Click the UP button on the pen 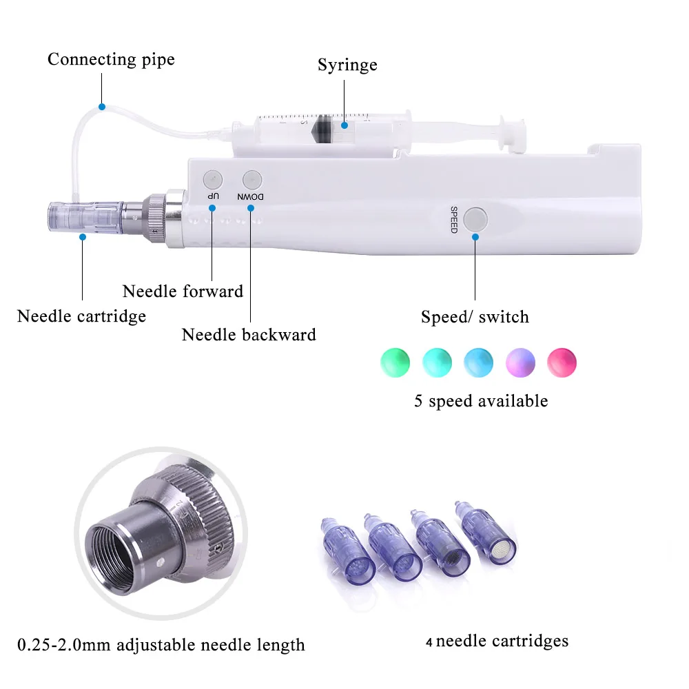tap(214, 180)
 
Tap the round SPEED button tap(475, 220)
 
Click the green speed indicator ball tap(395, 361)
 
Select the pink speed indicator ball tap(562, 361)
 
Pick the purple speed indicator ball tap(520, 361)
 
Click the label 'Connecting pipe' tap(111, 59)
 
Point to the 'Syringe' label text tap(347, 65)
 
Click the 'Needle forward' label tap(183, 291)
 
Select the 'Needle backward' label tap(249, 335)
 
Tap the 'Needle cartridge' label tap(81, 316)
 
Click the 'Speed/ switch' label tap(475, 317)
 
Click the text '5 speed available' tap(480, 401)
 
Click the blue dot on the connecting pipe tap(101, 107)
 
